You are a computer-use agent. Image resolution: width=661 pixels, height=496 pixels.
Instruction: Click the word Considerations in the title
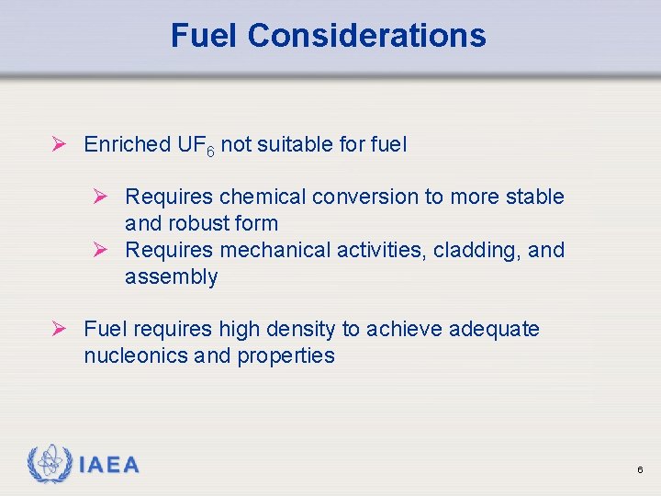coord(366,36)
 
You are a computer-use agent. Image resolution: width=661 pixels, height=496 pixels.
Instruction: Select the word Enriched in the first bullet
coord(127,144)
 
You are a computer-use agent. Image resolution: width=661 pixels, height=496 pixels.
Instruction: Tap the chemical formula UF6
coord(196,145)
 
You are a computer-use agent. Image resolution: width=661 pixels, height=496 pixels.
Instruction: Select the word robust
coord(196,223)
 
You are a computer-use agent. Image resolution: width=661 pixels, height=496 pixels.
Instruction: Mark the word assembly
coord(171,277)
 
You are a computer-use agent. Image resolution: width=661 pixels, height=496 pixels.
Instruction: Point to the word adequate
coord(494,329)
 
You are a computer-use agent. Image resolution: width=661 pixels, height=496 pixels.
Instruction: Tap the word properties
coord(286,355)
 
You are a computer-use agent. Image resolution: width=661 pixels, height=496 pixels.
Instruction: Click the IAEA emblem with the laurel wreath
coord(49,464)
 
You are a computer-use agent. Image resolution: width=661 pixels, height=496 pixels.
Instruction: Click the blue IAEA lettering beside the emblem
coord(109,465)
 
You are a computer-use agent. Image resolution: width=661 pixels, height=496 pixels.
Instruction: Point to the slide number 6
coord(640,470)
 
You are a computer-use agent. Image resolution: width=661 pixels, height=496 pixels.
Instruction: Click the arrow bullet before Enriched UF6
coord(60,144)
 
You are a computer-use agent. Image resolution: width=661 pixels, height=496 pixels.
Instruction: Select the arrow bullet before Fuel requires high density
coord(60,329)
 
